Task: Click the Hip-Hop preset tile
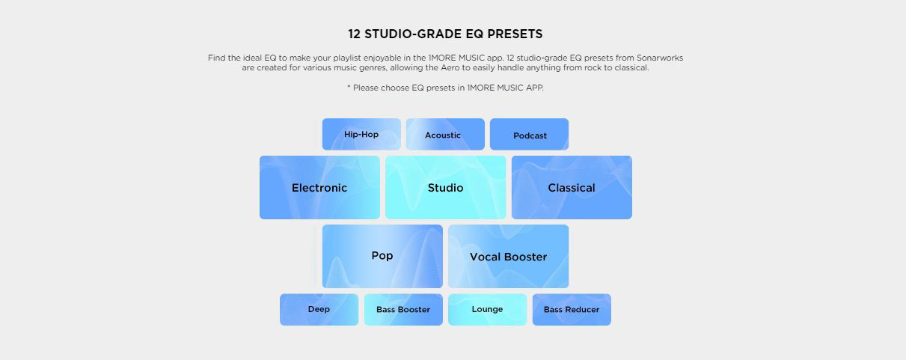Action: (x=361, y=134)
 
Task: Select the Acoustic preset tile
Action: (x=445, y=134)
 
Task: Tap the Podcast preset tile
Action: (x=529, y=134)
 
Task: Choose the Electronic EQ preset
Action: (x=319, y=187)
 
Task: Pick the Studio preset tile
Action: (x=445, y=187)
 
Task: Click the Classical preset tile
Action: (x=572, y=187)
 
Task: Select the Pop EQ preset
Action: (x=382, y=257)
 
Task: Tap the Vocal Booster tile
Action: (x=508, y=257)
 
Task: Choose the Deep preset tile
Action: (x=319, y=309)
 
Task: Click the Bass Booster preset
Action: (x=403, y=309)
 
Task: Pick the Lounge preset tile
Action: (x=487, y=309)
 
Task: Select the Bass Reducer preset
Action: (x=572, y=309)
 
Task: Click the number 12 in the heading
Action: (x=355, y=34)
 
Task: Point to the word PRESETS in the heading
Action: (x=515, y=34)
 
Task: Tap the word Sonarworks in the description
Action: (x=660, y=58)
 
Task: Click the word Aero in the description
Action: (x=450, y=67)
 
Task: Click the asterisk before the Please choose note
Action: (x=349, y=87)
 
